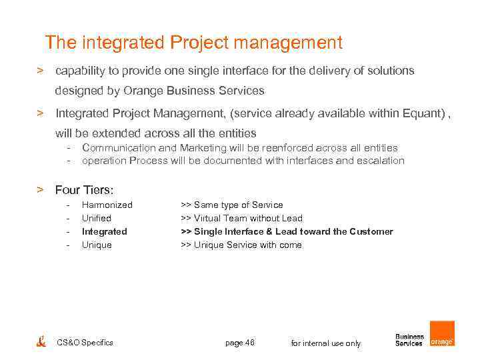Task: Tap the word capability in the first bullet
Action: point(81,71)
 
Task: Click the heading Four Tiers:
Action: point(84,189)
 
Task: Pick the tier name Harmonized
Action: point(107,205)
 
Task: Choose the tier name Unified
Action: point(96,218)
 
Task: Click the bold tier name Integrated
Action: point(104,231)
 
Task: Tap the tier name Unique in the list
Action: point(97,245)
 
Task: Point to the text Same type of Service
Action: point(238,205)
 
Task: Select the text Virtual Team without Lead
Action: point(248,218)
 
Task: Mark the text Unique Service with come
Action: point(247,245)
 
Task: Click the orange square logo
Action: point(442,334)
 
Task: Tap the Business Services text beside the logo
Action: point(409,340)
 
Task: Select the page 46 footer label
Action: point(240,343)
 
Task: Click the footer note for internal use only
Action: point(326,343)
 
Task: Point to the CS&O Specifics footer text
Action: point(85,343)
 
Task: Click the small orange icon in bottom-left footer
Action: point(41,341)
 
